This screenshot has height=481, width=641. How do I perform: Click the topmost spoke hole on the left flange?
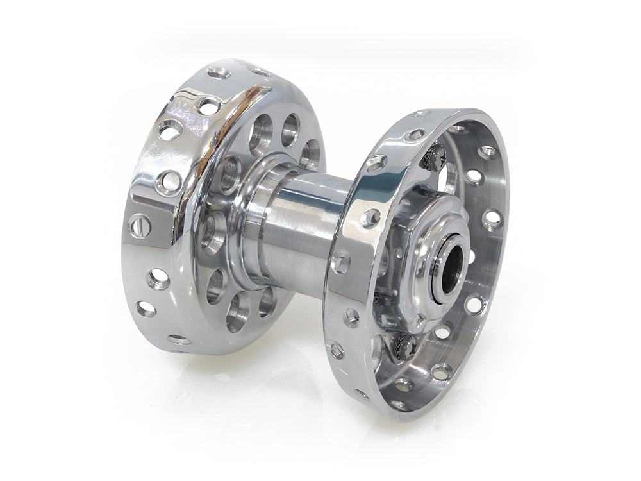tap(219, 73)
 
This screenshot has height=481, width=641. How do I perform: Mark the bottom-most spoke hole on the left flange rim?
tap(178, 339)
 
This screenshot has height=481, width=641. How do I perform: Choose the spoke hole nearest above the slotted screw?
tap(169, 181)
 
